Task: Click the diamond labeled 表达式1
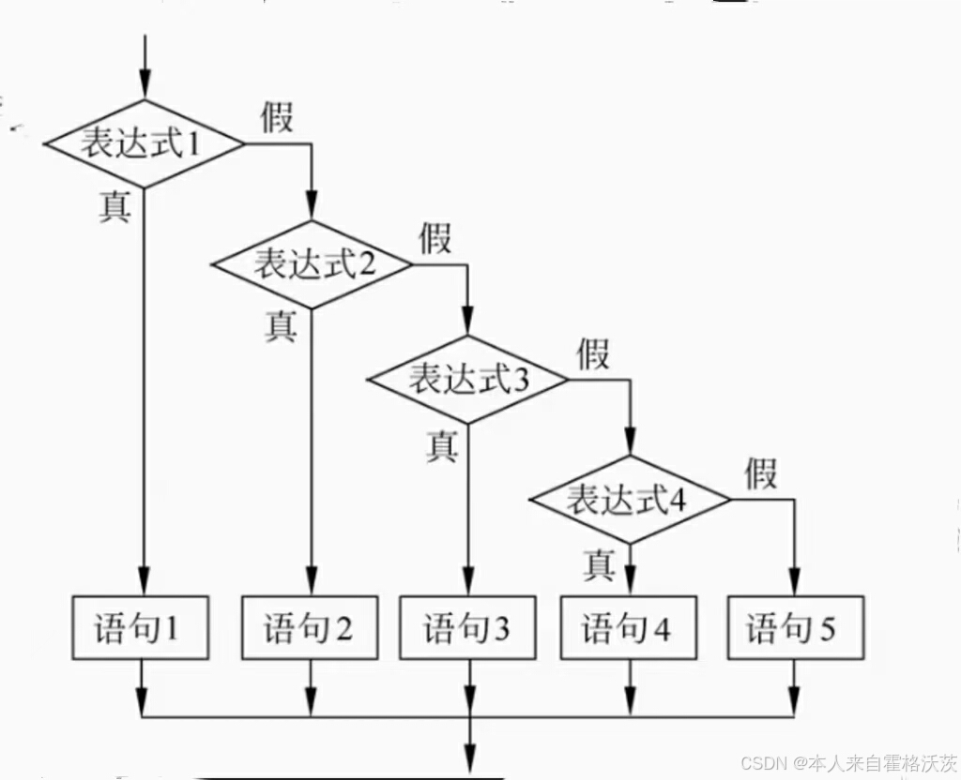point(144,144)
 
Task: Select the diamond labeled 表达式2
point(312,264)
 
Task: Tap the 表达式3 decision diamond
point(467,380)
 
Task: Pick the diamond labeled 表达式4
point(629,499)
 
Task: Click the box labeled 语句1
point(141,628)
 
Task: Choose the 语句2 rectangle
point(309,628)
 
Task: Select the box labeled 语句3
point(466,628)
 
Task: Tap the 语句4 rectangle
point(628,628)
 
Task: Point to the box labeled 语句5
point(794,628)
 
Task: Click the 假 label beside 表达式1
point(278,118)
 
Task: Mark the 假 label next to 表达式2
point(435,238)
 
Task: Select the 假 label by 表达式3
point(593,355)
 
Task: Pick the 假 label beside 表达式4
point(761,473)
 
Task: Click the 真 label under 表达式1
point(115,206)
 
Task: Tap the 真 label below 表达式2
point(280,325)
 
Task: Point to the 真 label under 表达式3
point(442,445)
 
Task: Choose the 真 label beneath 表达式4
point(599,564)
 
